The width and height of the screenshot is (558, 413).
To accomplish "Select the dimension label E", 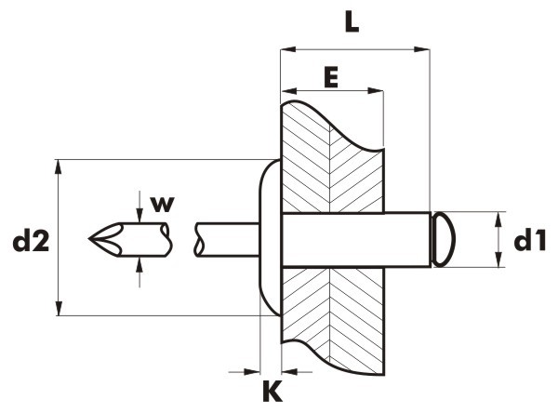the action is [x=331, y=78].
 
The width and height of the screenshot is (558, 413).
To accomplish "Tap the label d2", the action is [x=31, y=242].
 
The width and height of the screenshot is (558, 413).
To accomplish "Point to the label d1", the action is [x=530, y=240].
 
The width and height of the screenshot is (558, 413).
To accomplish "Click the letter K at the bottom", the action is [x=272, y=391].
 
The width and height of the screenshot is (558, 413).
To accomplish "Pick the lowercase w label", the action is [x=162, y=204].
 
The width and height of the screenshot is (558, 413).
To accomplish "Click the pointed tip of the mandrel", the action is [x=89, y=238].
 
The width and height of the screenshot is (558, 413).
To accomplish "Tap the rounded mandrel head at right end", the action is [x=444, y=239].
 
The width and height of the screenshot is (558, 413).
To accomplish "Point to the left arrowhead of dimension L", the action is [x=288, y=49].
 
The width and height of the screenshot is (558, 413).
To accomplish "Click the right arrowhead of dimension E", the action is [x=376, y=90].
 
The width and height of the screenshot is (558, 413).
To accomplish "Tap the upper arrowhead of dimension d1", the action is [x=498, y=220].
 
